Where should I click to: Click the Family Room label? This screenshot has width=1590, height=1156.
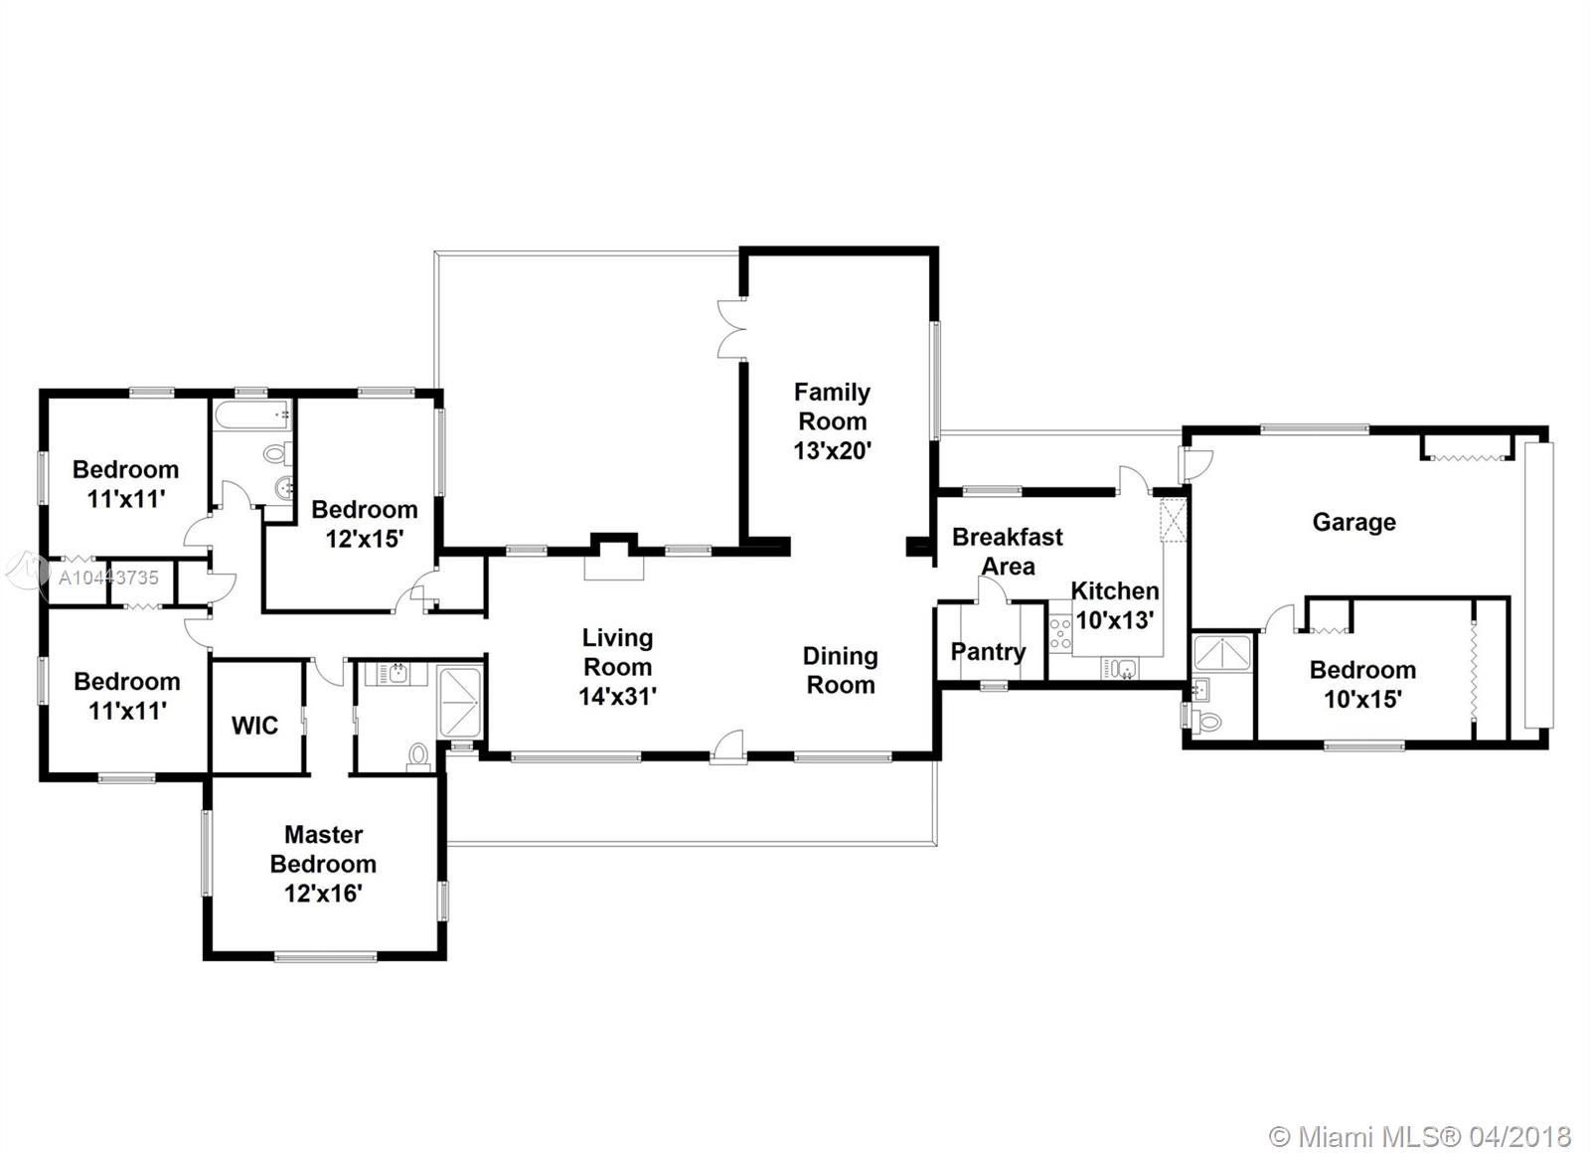pyautogui.click(x=832, y=407)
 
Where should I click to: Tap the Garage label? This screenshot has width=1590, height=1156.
pyautogui.click(x=1354, y=523)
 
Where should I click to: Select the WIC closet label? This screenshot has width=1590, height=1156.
pyautogui.click(x=254, y=726)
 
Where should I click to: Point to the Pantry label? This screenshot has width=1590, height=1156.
pyautogui.click(x=988, y=652)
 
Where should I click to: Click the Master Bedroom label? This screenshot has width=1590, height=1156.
pyautogui.click(x=323, y=849)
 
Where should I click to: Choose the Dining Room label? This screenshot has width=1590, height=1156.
pyautogui.click(x=841, y=670)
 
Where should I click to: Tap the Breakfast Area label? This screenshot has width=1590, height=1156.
pyautogui.click(x=1008, y=552)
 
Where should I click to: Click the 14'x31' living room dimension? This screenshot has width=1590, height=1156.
pyautogui.click(x=617, y=697)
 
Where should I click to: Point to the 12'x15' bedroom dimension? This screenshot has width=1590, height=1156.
pyautogui.click(x=365, y=539)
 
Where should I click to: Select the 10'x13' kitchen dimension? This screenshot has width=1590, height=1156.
pyautogui.click(x=1114, y=620)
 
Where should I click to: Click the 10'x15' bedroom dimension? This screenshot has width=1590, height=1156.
pyautogui.click(x=1362, y=700)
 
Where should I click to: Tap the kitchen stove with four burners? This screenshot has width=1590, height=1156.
pyautogui.click(x=1060, y=633)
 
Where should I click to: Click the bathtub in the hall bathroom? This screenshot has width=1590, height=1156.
pyautogui.click(x=252, y=413)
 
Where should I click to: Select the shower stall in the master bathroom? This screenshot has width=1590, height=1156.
pyautogui.click(x=460, y=702)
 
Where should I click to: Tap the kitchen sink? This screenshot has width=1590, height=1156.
pyautogui.click(x=1119, y=668)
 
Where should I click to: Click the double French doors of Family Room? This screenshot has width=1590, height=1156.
pyautogui.click(x=731, y=329)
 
